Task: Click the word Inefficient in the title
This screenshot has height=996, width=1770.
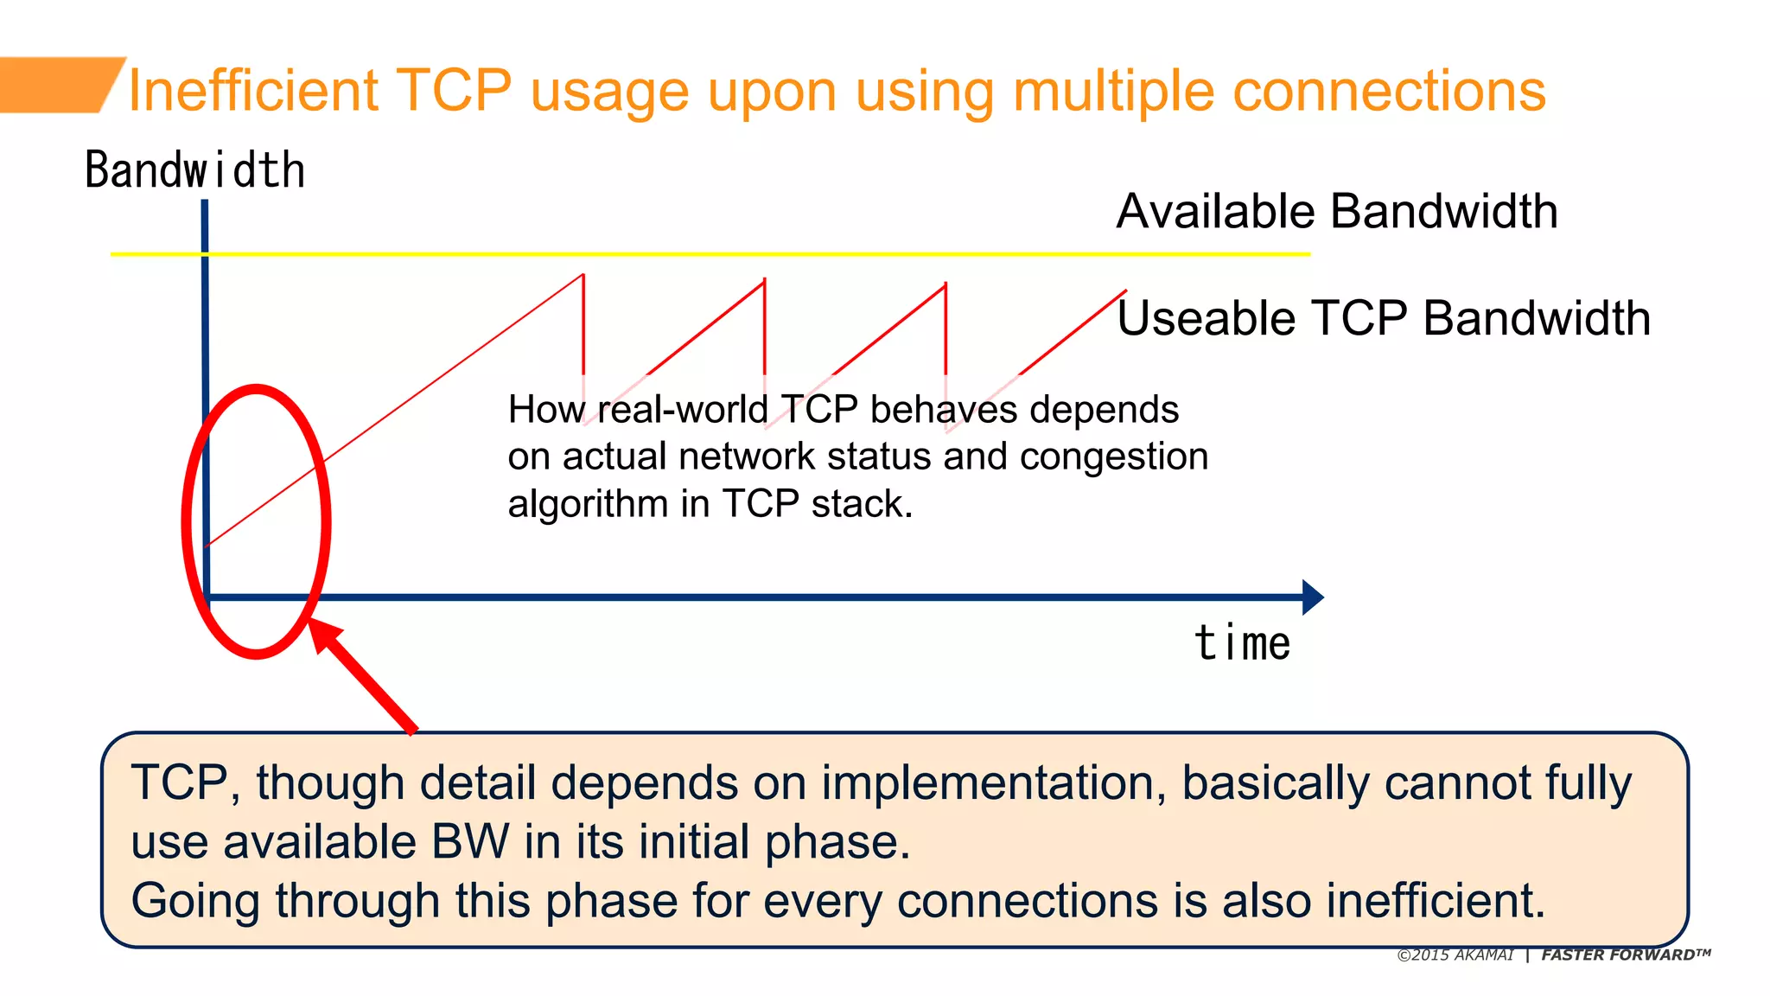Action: [x=253, y=91]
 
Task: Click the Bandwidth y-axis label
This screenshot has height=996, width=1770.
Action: [x=194, y=170]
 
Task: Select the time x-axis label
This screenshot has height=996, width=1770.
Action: [x=1242, y=644]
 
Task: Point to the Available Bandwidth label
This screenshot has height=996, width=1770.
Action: [x=1336, y=212]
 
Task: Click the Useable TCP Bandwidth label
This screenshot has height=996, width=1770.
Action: [x=1383, y=318]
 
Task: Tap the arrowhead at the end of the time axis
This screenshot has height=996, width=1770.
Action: [x=1313, y=597]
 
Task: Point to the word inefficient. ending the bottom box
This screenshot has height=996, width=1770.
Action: [x=1436, y=901]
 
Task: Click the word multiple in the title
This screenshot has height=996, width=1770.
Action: [x=1113, y=91]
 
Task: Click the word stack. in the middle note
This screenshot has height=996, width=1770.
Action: [x=862, y=504]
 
